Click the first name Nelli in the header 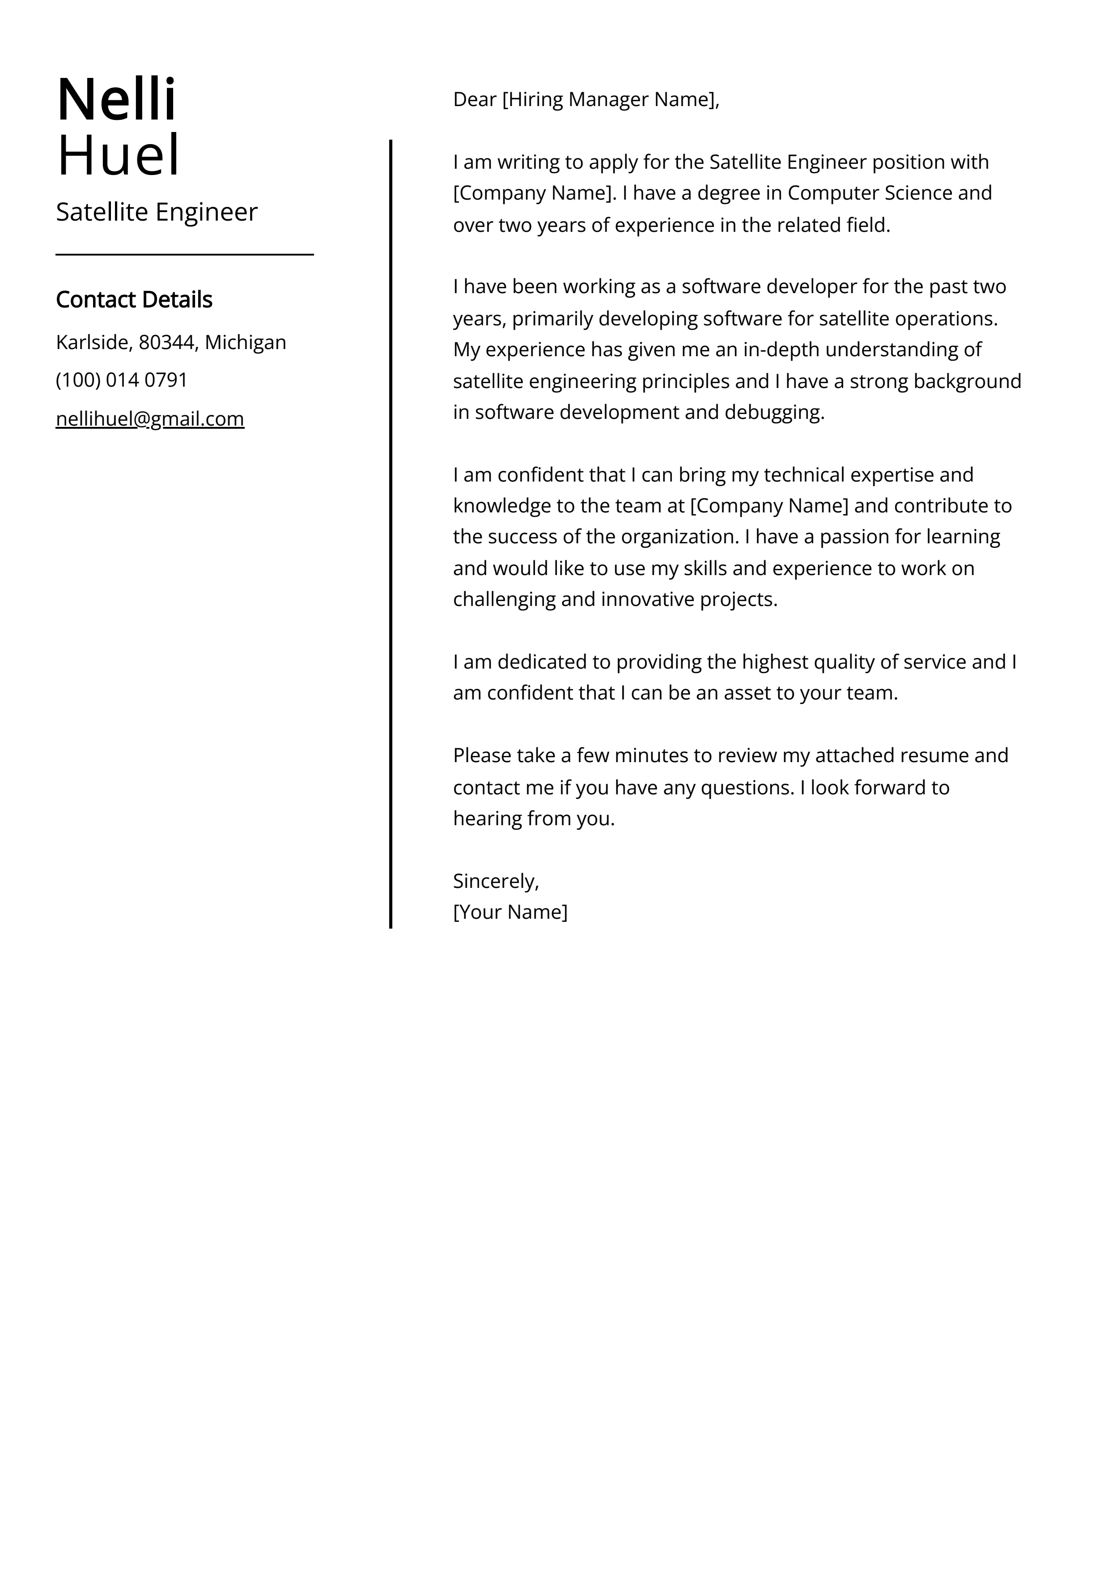116,100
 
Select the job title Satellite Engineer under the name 157,212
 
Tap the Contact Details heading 134,299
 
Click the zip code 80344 167,342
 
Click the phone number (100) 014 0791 122,380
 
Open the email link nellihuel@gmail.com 150,418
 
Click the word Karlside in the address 92,342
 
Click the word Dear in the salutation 474,100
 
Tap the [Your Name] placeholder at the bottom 510,912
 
